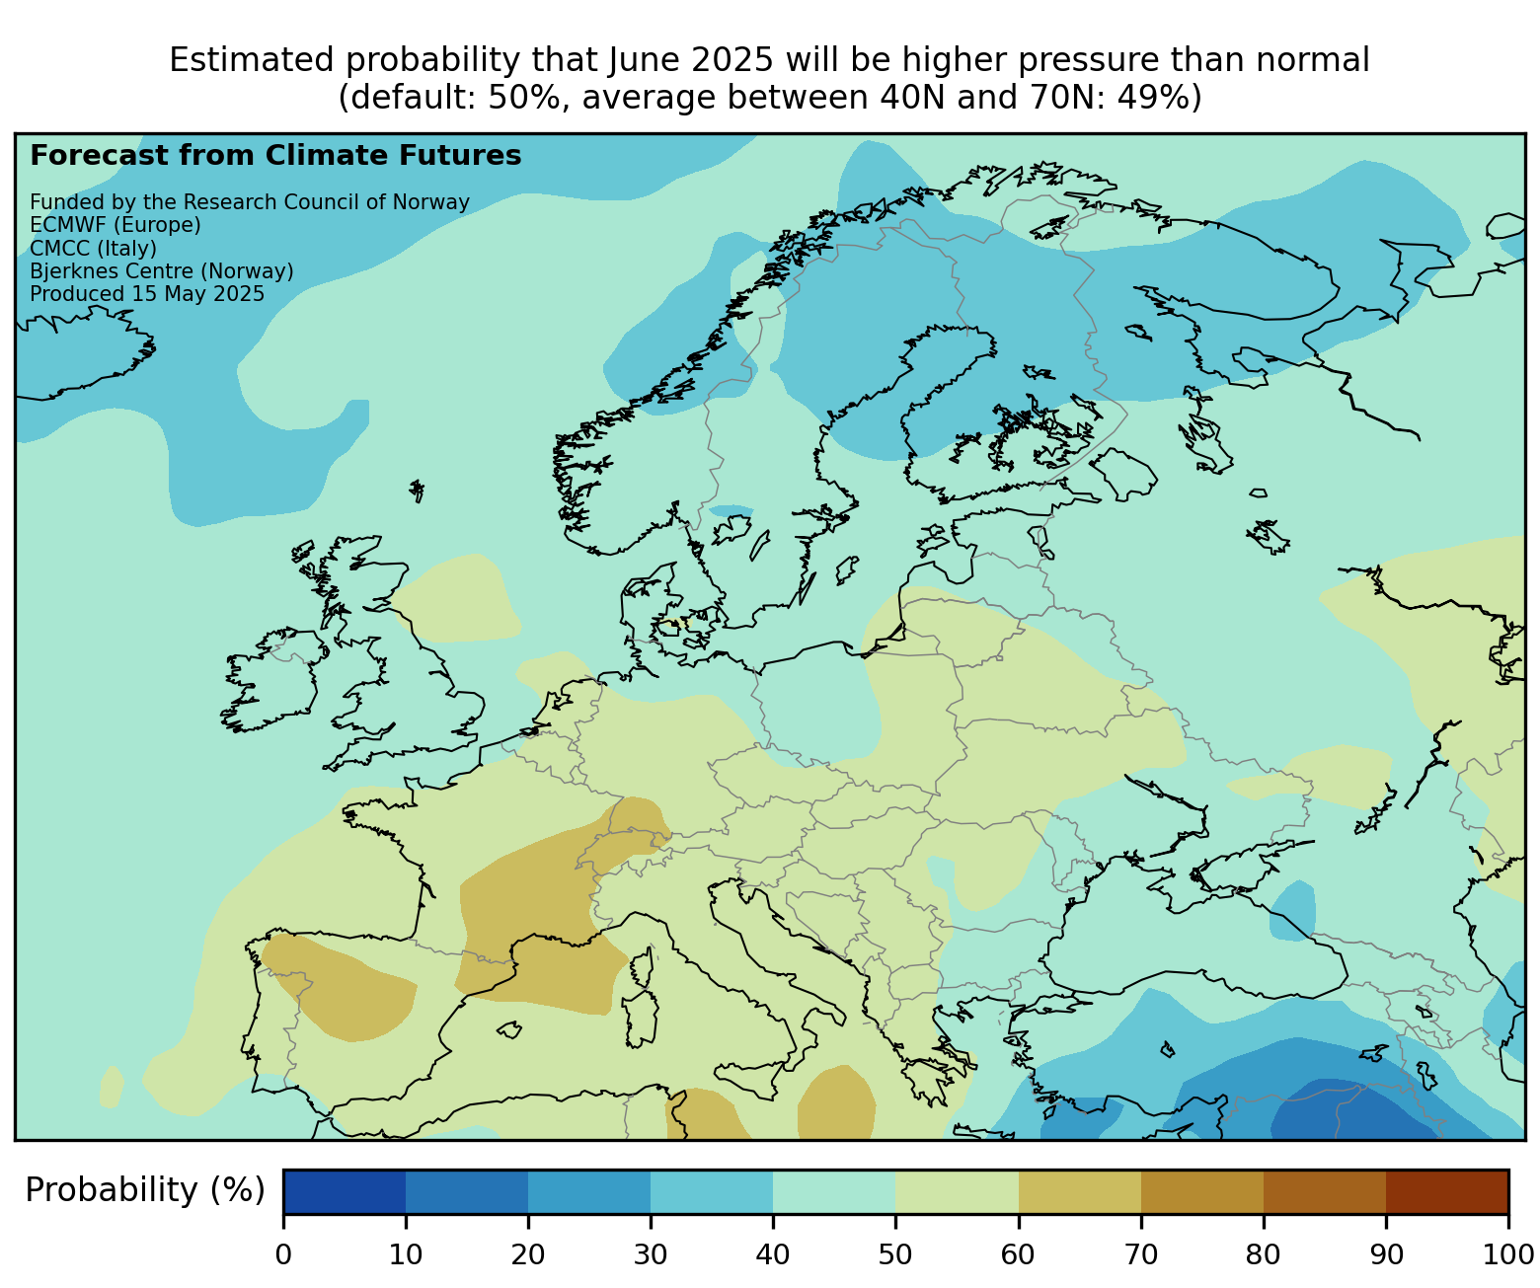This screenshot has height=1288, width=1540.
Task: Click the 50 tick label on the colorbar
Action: pyautogui.click(x=895, y=1255)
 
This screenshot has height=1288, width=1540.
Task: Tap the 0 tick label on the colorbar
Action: pyautogui.click(x=283, y=1255)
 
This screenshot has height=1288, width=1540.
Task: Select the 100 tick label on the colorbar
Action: pyautogui.click(x=1507, y=1255)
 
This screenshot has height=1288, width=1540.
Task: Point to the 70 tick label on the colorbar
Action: pyautogui.click(x=1140, y=1255)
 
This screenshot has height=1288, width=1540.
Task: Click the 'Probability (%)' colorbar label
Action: pyautogui.click(x=145, y=1191)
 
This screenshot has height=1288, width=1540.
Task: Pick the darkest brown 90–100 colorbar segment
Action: pyautogui.click(x=1446, y=1191)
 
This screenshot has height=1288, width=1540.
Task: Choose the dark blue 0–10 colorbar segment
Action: pyautogui.click(x=345, y=1191)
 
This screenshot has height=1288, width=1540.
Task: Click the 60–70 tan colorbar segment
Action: pyautogui.click(x=1079, y=1191)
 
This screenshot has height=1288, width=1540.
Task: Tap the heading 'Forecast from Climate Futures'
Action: pyautogui.click(x=275, y=156)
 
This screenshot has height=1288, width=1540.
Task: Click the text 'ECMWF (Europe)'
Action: pyautogui.click(x=115, y=225)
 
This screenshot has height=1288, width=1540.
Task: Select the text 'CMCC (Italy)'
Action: pyautogui.click(x=94, y=248)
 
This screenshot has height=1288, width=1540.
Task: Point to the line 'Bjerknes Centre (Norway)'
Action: pyautogui.click(x=162, y=271)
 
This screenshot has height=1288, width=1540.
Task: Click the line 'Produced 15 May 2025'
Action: pyautogui.click(x=147, y=294)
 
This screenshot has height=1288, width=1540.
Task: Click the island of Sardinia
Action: pyautogui.click(x=641, y=1020)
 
